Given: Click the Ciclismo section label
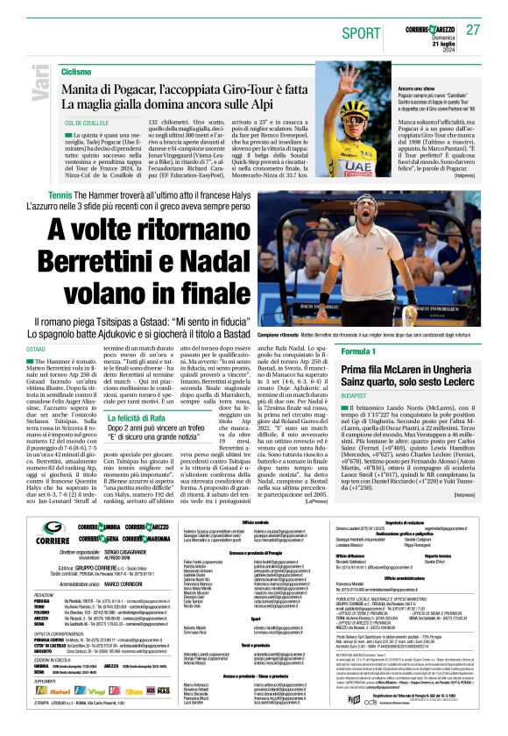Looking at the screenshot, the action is tap(76, 70).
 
